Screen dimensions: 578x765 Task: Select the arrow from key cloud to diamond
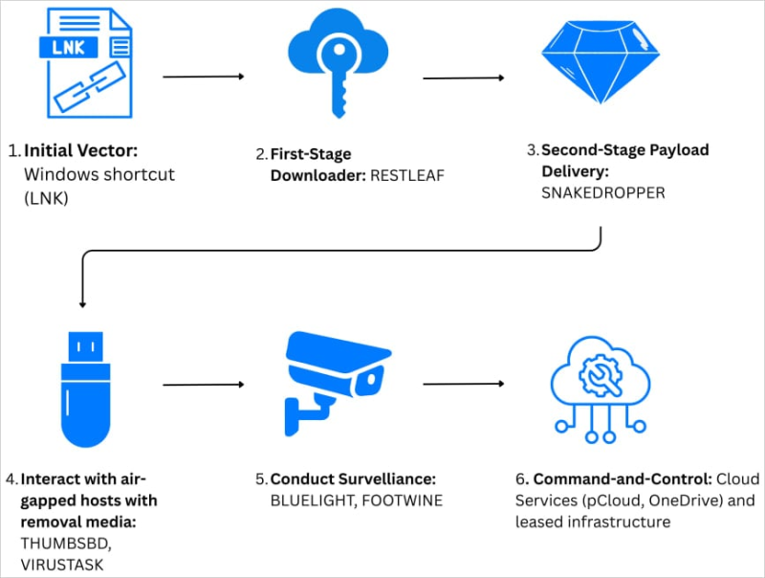click(x=464, y=78)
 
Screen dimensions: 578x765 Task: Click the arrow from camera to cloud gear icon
click(x=464, y=385)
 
